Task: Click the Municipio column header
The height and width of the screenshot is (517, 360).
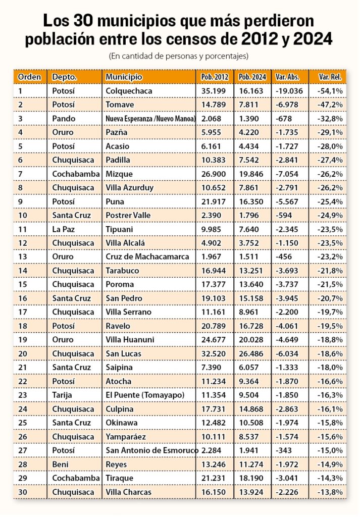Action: tap(124, 77)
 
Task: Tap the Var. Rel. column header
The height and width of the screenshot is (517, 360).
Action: tap(330, 77)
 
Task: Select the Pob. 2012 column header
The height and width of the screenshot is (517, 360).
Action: tap(215, 77)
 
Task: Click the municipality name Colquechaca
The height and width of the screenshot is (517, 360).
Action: tap(129, 91)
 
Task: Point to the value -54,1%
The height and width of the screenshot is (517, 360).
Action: tap(330, 91)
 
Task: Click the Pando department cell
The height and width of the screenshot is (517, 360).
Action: tap(64, 119)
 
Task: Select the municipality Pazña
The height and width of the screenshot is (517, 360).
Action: tap(116, 133)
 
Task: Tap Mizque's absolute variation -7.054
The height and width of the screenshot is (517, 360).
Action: tap(287, 174)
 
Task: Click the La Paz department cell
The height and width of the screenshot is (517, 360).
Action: tap(63, 229)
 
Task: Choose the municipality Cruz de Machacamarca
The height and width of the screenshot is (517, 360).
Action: tap(147, 257)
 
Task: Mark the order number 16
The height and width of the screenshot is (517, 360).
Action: tap(22, 298)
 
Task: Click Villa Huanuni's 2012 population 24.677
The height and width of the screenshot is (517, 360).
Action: tap(213, 340)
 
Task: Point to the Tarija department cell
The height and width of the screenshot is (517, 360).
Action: tap(62, 395)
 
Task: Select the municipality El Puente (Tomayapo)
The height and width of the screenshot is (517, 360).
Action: tap(145, 395)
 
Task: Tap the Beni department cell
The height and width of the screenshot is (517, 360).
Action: tap(60, 464)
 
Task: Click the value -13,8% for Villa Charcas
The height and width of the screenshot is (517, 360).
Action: tap(330, 492)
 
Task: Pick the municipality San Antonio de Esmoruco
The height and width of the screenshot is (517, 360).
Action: tap(151, 450)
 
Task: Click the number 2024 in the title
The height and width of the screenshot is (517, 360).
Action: tap(313, 39)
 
